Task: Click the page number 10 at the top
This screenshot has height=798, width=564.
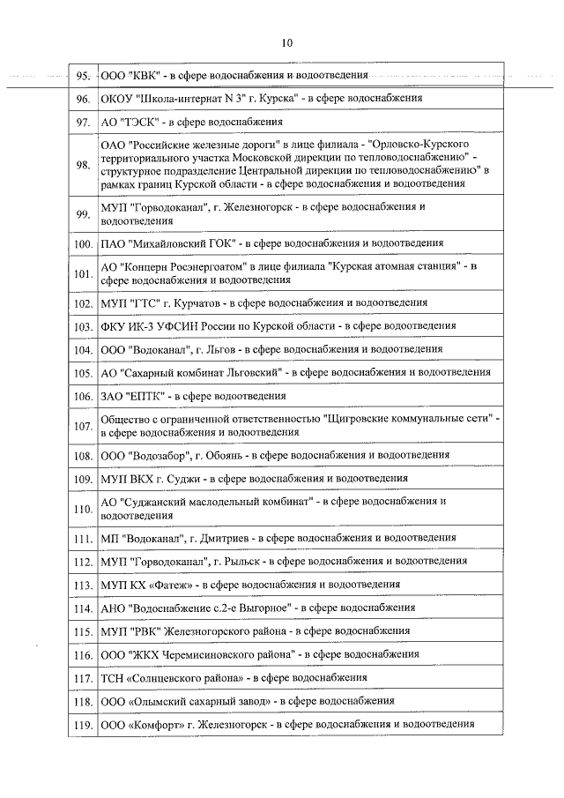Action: (x=287, y=41)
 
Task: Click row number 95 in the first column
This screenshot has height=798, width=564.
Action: (x=84, y=77)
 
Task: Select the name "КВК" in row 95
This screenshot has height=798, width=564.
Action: (x=144, y=77)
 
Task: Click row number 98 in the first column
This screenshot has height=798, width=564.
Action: (x=84, y=164)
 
